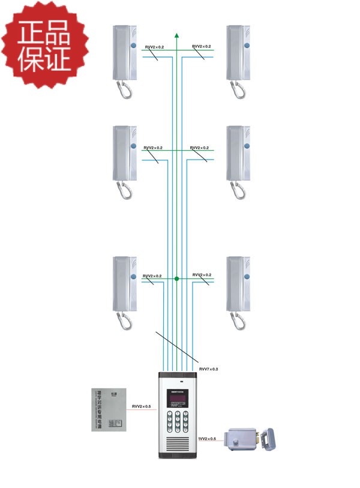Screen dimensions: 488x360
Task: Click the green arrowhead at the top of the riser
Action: (x=177, y=35)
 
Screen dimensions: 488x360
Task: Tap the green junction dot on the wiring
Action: (x=176, y=279)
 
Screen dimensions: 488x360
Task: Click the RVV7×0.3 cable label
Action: (x=208, y=369)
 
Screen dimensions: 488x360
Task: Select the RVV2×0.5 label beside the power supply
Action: (x=142, y=406)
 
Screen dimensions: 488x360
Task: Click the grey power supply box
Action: (x=111, y=411)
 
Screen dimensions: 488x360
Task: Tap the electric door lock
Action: (x=252, y=438)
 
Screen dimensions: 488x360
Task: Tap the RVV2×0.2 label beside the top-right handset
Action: (x=201, y=46)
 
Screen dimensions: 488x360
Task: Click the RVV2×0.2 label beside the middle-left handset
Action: (x=153, y=148)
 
